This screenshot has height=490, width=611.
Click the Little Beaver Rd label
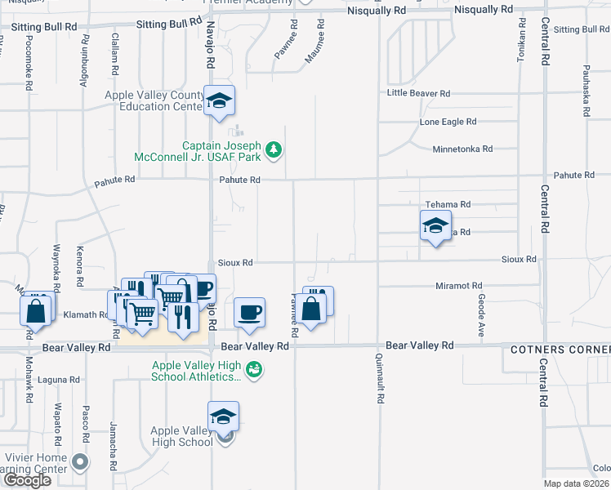coord(418,93)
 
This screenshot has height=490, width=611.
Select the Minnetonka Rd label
coord(463,149)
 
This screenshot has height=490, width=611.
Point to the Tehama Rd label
coord(448,204)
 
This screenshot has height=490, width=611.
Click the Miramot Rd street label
coord(458,286)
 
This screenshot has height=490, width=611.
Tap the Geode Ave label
coord(481,318)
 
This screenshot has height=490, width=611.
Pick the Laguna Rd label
coord(63,380)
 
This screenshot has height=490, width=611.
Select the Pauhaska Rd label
coord(586,94)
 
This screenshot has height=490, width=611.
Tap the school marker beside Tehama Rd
coord(435,225)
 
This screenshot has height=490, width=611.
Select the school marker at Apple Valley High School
coord(223,416)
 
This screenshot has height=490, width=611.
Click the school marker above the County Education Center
coord(219,100)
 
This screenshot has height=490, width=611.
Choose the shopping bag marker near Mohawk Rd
coord(36,310)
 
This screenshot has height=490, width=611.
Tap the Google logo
coord(27,480)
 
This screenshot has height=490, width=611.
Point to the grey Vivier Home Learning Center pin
coord(79,462)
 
